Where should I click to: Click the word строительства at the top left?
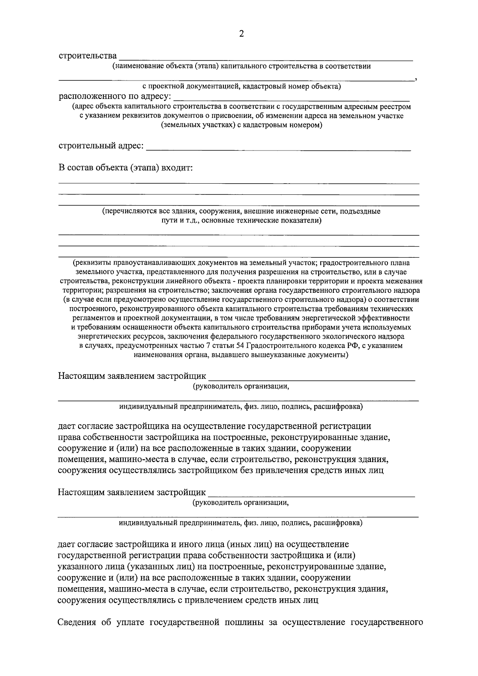(x=88, y=55)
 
